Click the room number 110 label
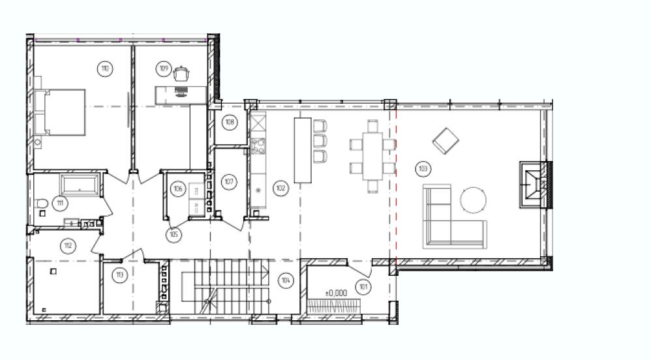click(104, 68)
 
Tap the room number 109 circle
click(164, 68)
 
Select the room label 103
click(423, 168)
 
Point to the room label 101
click(363, 287)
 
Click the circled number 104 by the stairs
click(286, 280)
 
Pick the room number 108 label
click(230, 122)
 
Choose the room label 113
click(120, 275)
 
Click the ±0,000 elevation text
click(336, 293)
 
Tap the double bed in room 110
click(60, 112)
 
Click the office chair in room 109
click(181, 74)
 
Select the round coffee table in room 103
click(474, 200)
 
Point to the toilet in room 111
click(41, 203)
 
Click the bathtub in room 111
click(80, 185)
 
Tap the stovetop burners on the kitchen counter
click(258, 145)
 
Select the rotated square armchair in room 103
click(446, 141)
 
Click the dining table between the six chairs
click(372, 156)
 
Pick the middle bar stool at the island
click(320, 141)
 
